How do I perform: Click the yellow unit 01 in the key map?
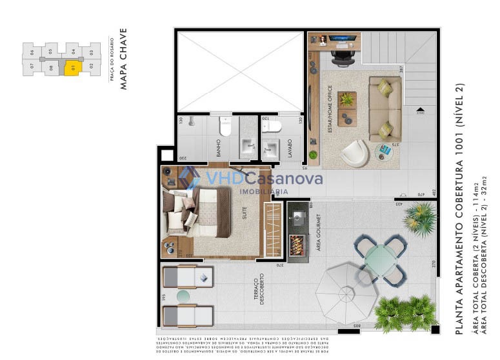click(73, 66)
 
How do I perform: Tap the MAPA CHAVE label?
click(124, 57)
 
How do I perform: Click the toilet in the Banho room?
click(225, 126)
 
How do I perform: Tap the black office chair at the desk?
click(340, 57)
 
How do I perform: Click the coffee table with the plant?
click(347, 99)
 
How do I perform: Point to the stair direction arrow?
click(420, 110)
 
